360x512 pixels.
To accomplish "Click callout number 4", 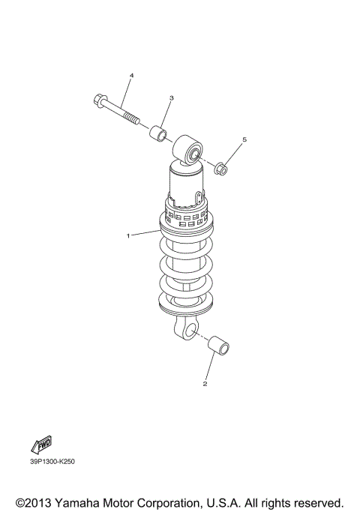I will click(131, 76).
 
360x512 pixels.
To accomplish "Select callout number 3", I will click(171, 98).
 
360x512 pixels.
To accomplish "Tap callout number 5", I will click(244, 140).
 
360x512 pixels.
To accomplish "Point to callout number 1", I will click(128, 235).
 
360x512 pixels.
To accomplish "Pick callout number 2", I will click(205, 385).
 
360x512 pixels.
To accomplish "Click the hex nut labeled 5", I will click(222, 169).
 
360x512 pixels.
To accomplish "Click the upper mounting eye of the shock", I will click(190, 153).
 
